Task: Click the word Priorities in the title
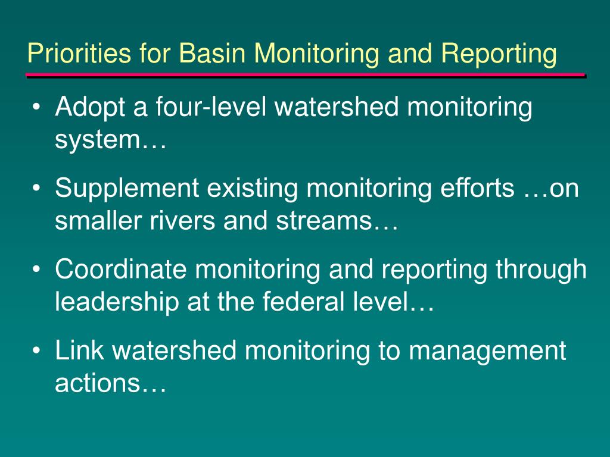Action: click(79, 52)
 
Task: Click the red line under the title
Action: click(306, 74)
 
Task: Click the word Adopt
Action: click(90, 107)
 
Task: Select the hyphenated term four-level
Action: click(211, 106)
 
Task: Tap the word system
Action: click(97, 139)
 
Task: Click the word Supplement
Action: click(127, 189)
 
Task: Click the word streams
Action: click(324, 220)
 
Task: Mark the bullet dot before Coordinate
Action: click(36, 270)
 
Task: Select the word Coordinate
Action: click(120, 269)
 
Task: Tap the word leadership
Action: click(117, 302)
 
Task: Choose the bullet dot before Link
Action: click(36, 350)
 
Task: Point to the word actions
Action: click(97, 383)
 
